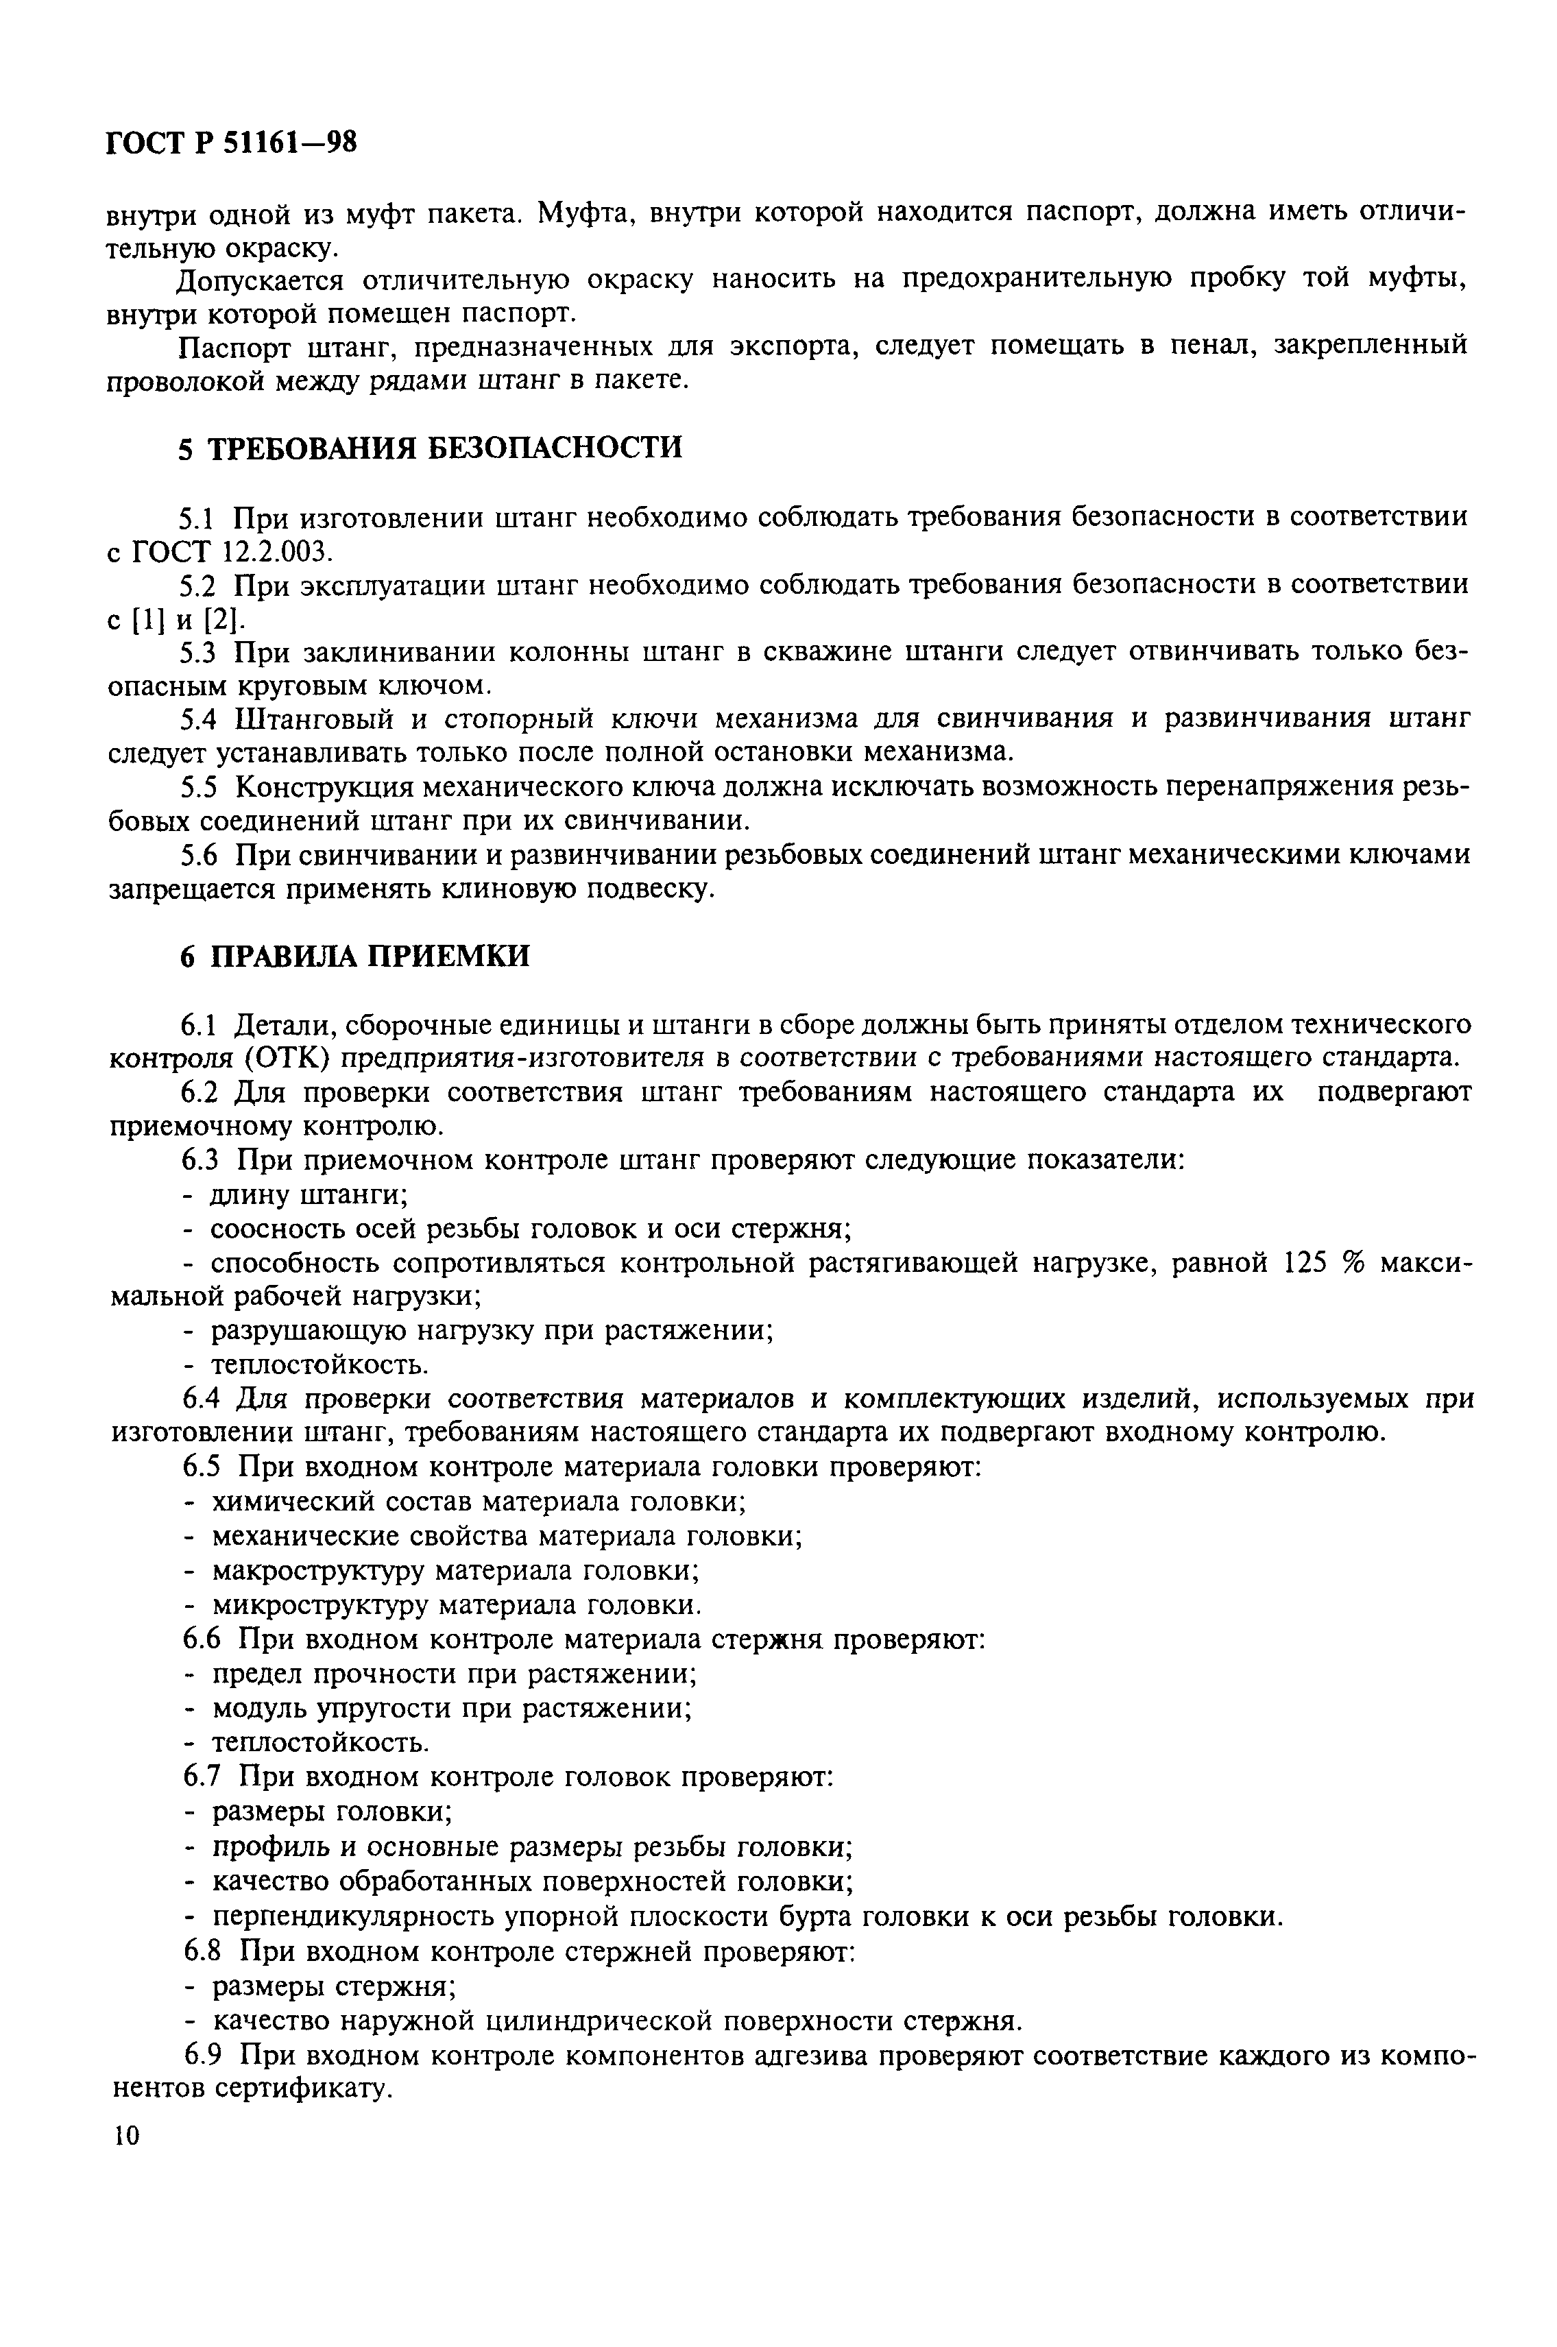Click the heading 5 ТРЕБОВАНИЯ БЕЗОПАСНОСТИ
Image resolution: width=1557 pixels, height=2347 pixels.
(430, 448)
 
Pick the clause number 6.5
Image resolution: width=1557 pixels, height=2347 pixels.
(204, 1467)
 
